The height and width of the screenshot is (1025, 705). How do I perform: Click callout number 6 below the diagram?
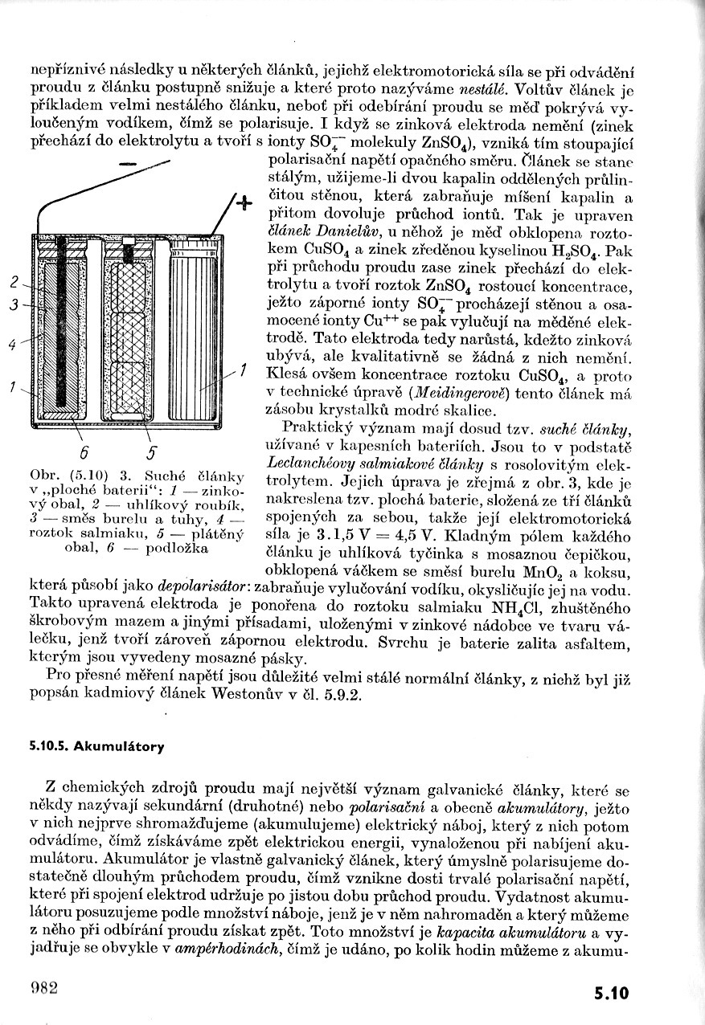coord(84,448)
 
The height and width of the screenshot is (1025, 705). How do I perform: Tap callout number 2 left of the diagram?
coord(14,282)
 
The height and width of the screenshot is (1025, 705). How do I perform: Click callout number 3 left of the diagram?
coord(14,305)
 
